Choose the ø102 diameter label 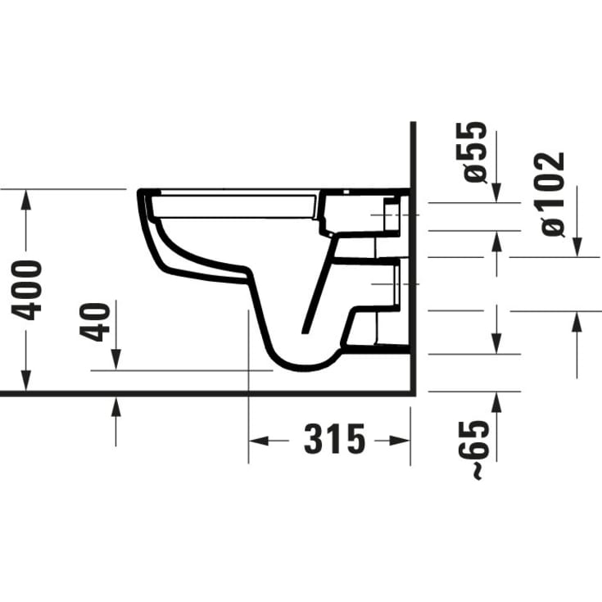554,193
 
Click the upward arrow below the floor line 115,405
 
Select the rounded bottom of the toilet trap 303,361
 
